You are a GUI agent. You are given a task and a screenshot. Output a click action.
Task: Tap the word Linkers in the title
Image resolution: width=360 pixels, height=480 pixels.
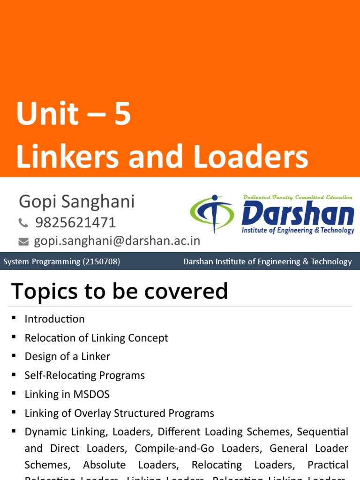tap(67, 157)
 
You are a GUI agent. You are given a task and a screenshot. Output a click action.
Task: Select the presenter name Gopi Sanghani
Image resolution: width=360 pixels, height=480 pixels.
tap(76, 202)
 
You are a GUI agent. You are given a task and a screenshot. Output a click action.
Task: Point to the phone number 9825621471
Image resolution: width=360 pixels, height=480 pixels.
tap(75, 222)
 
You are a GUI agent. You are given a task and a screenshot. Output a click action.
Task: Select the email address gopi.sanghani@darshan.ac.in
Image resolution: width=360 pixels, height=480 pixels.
tap(117, 241)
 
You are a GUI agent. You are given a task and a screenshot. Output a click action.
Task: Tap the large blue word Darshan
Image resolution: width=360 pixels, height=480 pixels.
tap(297, 215)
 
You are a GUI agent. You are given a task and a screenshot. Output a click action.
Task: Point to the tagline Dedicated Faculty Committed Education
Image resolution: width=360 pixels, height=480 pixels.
tap(298, 197)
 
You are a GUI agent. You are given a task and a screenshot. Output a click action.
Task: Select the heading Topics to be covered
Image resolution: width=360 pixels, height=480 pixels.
tap(119, 292)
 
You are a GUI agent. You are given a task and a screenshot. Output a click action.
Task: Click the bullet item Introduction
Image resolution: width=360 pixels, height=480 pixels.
tap(54, 319)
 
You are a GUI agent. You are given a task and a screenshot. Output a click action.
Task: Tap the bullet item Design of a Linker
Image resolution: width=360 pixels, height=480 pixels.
tap(67, 357)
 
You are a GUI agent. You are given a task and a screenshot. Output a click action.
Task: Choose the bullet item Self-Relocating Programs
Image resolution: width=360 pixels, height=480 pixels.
tap(84, 375)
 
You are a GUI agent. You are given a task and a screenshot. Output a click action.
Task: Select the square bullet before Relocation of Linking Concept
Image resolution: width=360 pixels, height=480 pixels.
tap(14, 337)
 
